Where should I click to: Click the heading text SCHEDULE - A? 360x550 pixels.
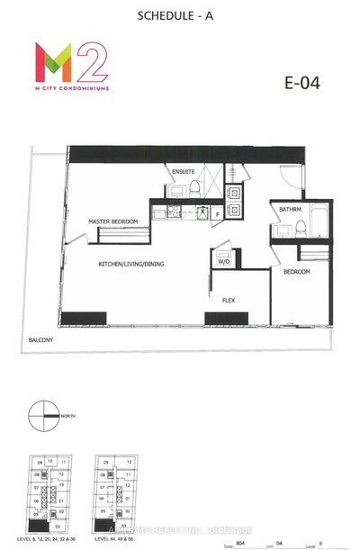click(179, 15)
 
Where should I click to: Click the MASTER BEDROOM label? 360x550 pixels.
click(113, 221)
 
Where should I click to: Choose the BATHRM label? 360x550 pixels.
click(290, 210)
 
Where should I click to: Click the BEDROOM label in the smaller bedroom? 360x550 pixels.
click(298, 271)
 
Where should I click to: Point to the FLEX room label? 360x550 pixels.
click(229, 300)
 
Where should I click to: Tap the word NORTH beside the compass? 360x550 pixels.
click(69, 416)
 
